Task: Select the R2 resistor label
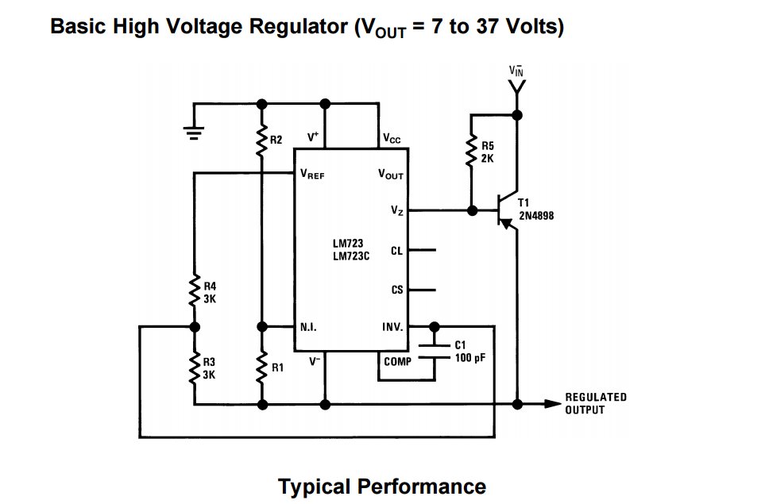click(276, 140)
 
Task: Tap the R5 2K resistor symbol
click(471, 152)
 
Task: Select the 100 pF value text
click(469, 358)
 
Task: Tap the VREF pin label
click(312, 175)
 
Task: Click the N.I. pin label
click(310, 326)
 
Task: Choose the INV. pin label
click(392, 326)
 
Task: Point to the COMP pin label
click(397, 361)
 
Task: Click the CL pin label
click(397, 251)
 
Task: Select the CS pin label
click(397, 290)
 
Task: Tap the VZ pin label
click(397, 210)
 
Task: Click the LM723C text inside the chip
click(351, 256)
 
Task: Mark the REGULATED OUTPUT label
click(596, 403)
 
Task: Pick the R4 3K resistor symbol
click(194, 291)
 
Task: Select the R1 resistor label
click(277, 367)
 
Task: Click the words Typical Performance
click(382, 486)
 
